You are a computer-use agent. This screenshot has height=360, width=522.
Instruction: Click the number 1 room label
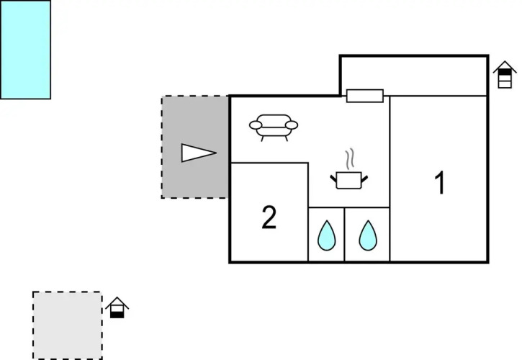[x=439, y=183]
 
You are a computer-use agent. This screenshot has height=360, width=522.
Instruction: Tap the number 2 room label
[x=269, y=217]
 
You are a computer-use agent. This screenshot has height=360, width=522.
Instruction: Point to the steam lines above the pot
[x=350, y=158]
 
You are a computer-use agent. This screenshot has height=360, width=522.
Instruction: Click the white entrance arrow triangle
[x=197, y=153]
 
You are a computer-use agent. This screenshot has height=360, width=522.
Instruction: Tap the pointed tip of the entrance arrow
[x=215, y=153]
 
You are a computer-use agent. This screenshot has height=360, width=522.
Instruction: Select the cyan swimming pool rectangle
[x=25, y=49]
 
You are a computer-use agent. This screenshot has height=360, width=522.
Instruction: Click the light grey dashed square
[x=67, y=325]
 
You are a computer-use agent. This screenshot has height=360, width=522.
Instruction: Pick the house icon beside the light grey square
[x=117, y=308]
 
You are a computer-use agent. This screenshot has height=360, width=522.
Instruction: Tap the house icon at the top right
[x=505, y=74]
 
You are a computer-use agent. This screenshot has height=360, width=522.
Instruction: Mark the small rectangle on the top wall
[x=364, y=96]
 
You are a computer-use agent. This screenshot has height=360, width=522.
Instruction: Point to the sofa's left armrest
[x=256, y=125]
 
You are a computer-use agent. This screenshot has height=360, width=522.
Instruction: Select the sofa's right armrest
[x=292, y=125]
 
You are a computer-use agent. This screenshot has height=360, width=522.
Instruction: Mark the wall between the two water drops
[x=344, y=234]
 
